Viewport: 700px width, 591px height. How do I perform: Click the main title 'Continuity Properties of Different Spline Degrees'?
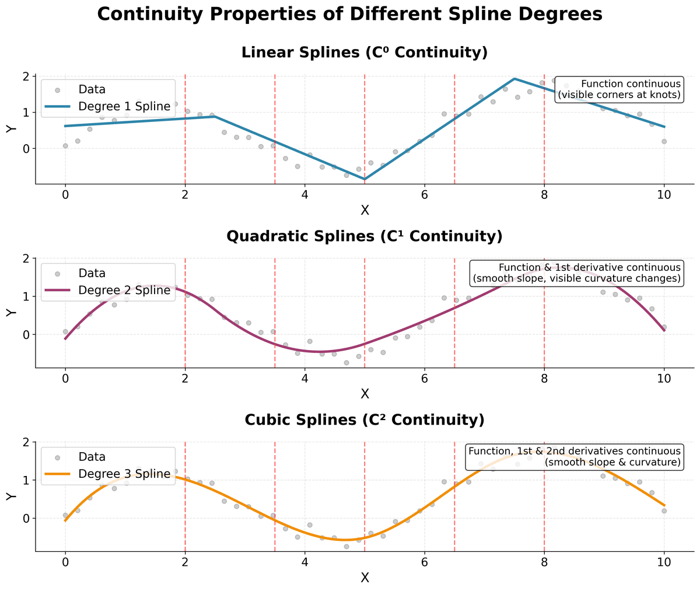[349, 15]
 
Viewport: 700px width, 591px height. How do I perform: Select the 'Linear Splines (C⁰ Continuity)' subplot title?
[365, 53]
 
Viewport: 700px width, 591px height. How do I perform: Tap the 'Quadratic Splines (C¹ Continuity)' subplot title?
[365, 236]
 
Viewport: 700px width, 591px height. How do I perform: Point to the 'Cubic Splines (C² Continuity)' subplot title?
[365, 420]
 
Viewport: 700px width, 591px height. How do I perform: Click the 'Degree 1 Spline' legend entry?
[124, 106]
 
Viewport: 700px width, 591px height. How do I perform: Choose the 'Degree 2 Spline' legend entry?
[124, 290]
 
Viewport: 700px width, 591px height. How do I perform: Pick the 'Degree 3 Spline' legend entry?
[124, 474]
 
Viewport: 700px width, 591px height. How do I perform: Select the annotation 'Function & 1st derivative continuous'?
[589, 268]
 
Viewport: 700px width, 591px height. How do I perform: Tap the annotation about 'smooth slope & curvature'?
[612, 462]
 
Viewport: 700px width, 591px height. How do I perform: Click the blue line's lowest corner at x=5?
[365, 179]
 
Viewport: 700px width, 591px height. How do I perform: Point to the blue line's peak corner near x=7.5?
[514, 79]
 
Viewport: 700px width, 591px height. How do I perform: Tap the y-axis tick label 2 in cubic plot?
[26, 442]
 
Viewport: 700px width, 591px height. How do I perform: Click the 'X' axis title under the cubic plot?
[365, 578]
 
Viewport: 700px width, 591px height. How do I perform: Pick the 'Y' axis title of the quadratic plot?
[11, 313]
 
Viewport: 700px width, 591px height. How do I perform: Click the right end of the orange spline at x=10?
[664, 505]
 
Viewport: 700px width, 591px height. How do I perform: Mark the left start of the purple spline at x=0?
[65, 338]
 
